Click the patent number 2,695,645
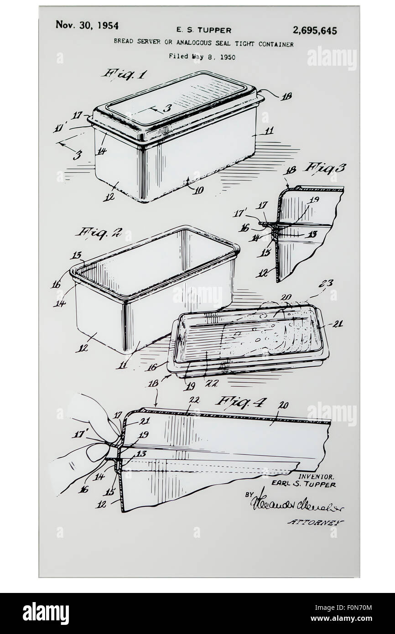[x=315, y=31]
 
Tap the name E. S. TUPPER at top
[x=203, y=31]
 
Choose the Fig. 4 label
[x=235, y=401]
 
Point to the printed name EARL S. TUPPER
[x=303, y=484]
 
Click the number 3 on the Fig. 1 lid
[x=167, y=108]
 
